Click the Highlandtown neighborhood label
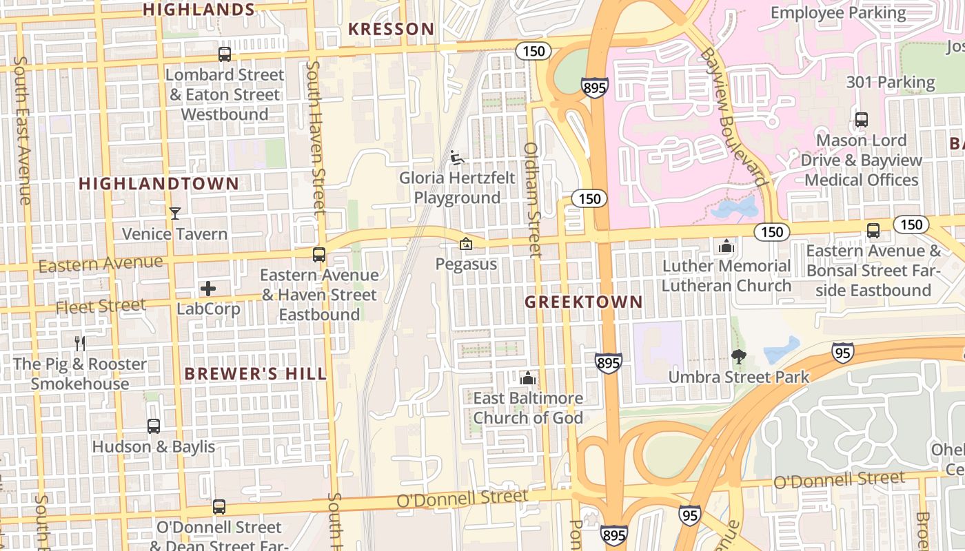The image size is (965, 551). (159, 184)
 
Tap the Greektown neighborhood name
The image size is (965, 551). (583, 302)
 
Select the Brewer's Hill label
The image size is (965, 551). (255, 374)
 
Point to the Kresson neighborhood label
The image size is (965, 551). (391, 29)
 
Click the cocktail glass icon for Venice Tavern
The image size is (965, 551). (175, 214)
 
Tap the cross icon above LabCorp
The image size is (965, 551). (208, 289)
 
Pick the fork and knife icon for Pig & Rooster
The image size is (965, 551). (80, 343)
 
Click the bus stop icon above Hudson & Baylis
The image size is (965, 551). (154, 426)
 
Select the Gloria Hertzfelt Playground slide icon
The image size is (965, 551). (457, 158)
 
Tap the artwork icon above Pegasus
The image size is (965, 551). (466, 244)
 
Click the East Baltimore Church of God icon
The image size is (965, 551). (528, 378)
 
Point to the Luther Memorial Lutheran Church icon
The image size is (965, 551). (726, 246)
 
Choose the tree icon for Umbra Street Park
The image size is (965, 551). (739, 357)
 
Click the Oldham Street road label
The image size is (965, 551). (532, 200)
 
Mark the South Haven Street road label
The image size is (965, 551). (315, 138)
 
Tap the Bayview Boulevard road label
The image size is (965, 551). (733, 117)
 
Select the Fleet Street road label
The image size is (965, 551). (101, 306)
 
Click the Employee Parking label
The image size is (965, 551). (838, 12)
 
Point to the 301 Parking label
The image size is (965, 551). (891, 83)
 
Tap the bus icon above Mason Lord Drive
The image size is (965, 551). (862, 120)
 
